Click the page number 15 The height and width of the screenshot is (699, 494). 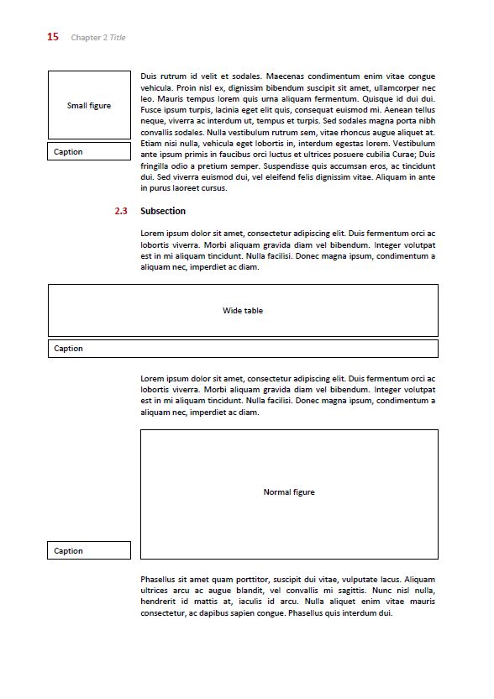53,36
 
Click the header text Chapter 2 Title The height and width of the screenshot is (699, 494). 98,37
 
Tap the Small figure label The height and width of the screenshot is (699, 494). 89,106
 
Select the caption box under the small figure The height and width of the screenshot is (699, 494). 89,152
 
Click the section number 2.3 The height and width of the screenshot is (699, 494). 121,211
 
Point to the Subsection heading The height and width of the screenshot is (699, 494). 163,211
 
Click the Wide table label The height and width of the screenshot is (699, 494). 243,311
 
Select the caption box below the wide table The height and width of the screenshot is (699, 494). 243,349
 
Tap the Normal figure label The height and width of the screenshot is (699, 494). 289,492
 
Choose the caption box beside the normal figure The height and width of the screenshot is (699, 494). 89,551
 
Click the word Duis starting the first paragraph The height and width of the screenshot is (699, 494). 150,76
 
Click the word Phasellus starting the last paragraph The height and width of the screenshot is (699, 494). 160,580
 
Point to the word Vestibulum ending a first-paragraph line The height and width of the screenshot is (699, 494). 414,144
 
